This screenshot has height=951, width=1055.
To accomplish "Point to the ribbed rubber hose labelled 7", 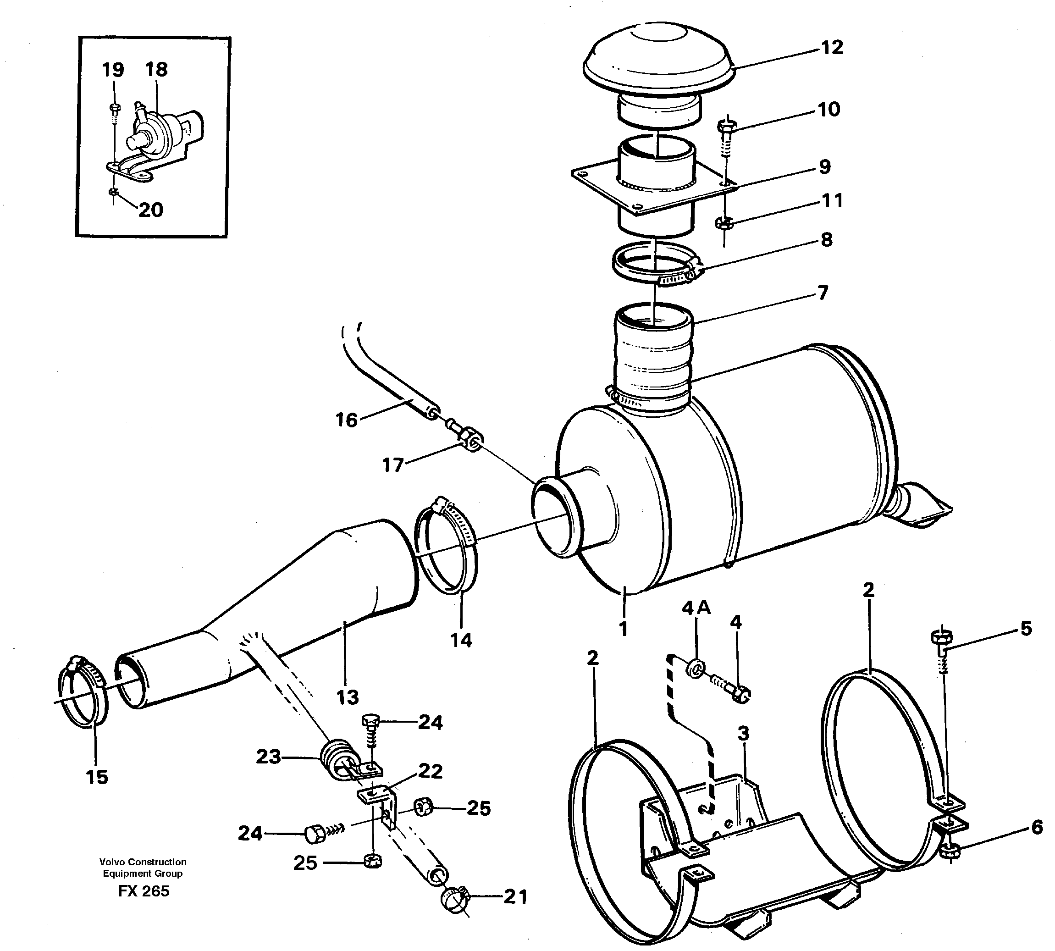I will point(653,360).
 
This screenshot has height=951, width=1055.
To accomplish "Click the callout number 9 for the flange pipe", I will point(824,167).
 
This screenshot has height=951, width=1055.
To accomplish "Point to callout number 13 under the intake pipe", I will point(348,697).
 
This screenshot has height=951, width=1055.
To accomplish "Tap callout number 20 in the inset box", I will point(150,210).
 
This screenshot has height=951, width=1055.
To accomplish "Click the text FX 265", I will point(144,891).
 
